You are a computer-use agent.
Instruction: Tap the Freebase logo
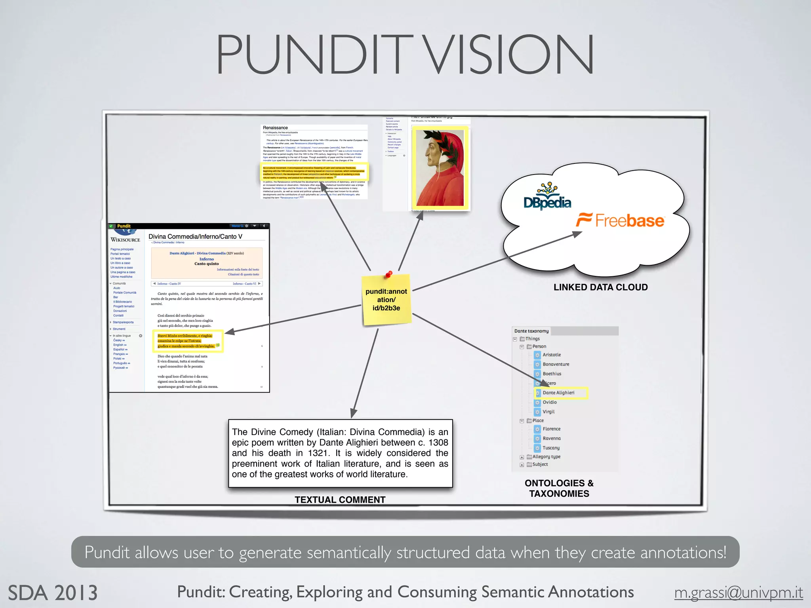(x=621, y=220)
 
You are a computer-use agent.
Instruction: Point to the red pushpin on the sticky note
(x=389, y=274)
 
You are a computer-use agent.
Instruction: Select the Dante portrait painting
(x=440, y=168)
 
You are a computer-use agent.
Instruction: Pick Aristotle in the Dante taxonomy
(x=551, y=355)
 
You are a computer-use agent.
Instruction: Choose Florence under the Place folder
(x=551, y=429)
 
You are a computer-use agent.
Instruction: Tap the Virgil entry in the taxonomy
(x=548, y=412)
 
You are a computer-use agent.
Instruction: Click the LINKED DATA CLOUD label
(x=600, y=287)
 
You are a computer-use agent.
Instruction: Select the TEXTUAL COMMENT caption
(x=340, y=500)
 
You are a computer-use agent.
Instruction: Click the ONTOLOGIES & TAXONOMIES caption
(x=559, y=488)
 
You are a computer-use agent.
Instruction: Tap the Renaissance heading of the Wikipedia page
(x=275, y=128)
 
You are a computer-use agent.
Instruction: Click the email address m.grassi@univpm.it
(x=739, y=593)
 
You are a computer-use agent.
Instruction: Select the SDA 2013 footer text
(x=53, y=593)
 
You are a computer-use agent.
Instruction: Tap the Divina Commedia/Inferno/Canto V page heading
(x=195, y=236)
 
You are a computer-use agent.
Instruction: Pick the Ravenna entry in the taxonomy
(x=551, y=438)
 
